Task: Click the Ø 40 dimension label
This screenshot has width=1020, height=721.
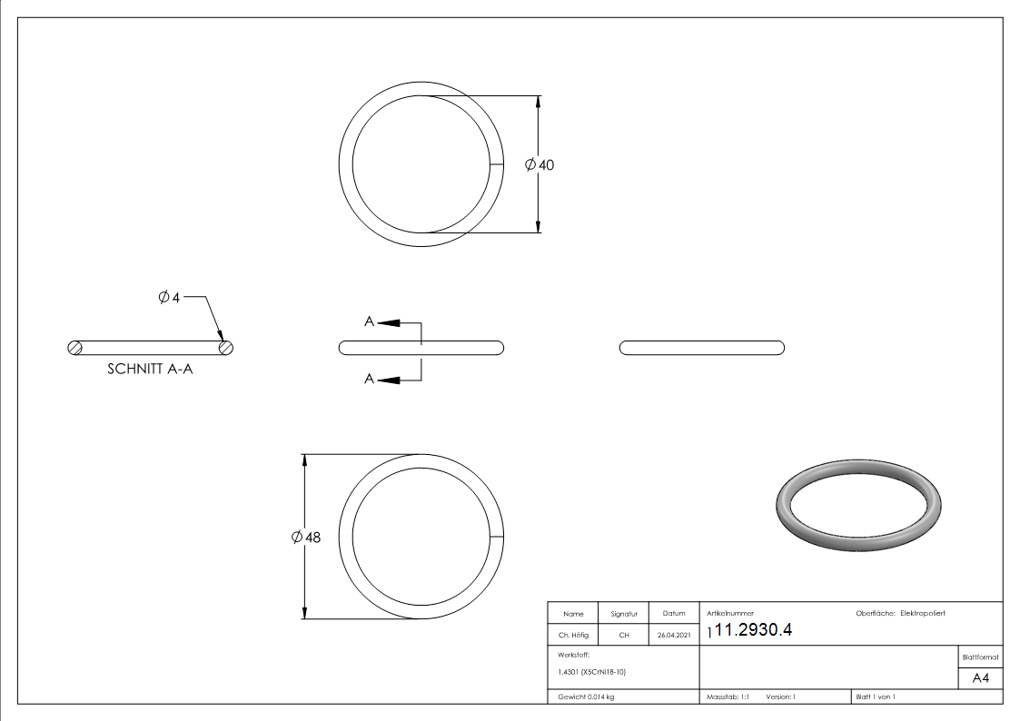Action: (540, 165)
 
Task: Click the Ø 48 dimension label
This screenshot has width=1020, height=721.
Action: (306, 538)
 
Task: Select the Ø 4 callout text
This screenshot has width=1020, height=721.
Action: (170, 297)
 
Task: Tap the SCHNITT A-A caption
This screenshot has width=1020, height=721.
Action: (151, 370)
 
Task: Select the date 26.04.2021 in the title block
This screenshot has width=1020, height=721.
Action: (673, 636)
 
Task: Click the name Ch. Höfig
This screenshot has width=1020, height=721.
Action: (573, 636)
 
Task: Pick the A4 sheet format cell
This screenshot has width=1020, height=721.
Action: (980, 678)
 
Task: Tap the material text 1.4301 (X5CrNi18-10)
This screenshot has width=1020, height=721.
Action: (592, 672)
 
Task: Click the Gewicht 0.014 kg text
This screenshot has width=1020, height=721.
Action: (586, 696)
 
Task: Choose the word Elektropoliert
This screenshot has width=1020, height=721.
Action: (923, 614)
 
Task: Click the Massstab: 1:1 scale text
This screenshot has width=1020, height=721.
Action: (728, 696)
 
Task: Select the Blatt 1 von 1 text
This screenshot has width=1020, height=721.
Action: (876, 696)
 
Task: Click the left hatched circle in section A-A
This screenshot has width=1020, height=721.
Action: (75, 347)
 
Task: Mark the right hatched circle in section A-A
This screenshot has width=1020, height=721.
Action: (226, 347)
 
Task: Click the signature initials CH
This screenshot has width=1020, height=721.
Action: (624, 636)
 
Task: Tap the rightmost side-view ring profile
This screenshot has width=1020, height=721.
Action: (701, 347)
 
